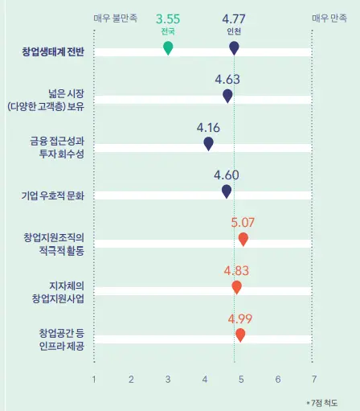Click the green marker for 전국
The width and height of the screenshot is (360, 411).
(168, 47)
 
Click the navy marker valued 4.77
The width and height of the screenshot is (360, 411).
(234, 47)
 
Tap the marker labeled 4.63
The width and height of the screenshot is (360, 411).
(227, 96)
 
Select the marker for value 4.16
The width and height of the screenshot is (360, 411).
(208, 143)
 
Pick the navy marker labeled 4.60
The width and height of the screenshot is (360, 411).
(227, 191)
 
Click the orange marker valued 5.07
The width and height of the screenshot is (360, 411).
(243, 239)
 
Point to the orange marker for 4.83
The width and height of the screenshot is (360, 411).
(236, 286)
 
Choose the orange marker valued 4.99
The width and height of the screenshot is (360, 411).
(240, 334)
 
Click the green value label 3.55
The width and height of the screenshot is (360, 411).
(168, 18)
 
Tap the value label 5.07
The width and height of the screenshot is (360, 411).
(243, 222)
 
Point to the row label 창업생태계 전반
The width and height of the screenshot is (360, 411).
(55, 53)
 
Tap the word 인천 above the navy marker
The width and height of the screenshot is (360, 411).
(234, 31)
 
